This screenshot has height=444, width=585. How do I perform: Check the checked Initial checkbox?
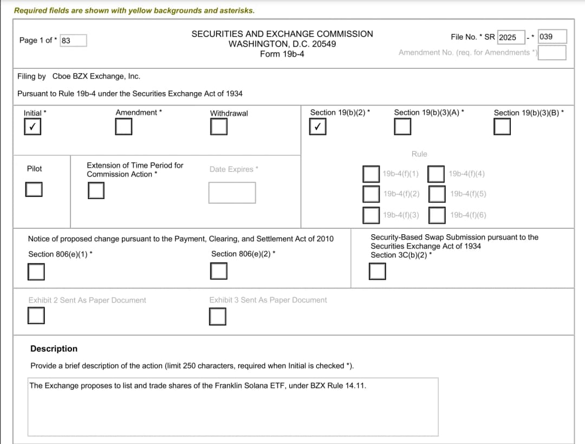(x=32, y=127)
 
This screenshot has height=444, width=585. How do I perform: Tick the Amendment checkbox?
(x=123, y=127)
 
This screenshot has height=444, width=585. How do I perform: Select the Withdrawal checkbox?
(x=219, y=127)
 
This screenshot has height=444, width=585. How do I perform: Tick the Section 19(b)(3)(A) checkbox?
(x=402, y=127)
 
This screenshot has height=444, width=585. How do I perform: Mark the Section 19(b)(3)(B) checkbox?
(x=502, y=127)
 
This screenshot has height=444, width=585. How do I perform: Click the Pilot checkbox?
(x=34, y=189)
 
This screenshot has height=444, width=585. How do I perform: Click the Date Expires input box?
(x=232, y=192)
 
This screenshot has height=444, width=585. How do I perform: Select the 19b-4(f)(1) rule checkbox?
(x=371, y=174)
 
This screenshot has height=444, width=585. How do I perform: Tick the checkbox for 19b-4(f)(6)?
(x=437, y=215)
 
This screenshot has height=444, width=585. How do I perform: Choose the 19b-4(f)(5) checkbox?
(x=437, y=194)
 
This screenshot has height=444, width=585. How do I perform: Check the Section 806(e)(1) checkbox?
(x=36, y=271)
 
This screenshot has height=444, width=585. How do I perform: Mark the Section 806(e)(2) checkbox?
(x=219, y=271)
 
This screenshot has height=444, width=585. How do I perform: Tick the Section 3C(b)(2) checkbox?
(x=378, y=271)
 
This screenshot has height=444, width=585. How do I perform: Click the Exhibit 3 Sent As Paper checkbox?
(x=217, y=316)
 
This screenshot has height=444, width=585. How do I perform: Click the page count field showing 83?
(x=73, y=41)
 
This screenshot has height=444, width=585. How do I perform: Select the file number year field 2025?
(x=511, y=37)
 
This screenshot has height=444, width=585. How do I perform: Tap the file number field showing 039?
(x=552, y=37)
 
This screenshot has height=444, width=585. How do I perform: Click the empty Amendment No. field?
(x=552, y=53)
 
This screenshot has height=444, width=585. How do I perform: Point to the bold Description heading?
(x=54, y=349)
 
